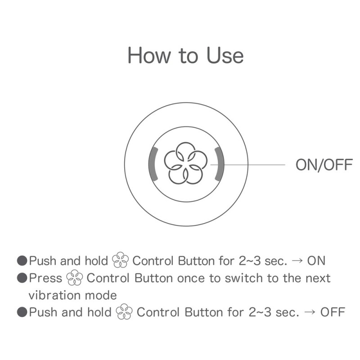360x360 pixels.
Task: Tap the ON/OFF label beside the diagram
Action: [x=324, y=165]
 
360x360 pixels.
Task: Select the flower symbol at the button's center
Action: [x=185, y=163]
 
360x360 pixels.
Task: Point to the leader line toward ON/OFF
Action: [x=254, y=165]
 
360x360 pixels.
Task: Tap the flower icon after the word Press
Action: [x=75, y=279]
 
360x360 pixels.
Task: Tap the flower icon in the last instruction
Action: [x=125, y=313]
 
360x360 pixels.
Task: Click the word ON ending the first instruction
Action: [x=316, y=261]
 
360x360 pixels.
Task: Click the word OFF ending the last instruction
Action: [x=333, y=312]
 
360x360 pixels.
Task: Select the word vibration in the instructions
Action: [x=56, y=295]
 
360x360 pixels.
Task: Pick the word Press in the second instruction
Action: [x=45, y=278]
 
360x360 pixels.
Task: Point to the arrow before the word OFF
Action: [x=310, y=313]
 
